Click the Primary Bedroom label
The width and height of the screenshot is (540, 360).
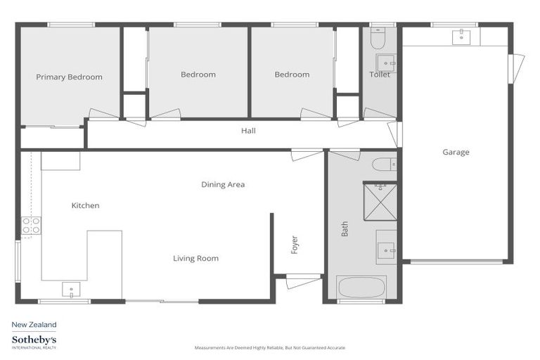69,77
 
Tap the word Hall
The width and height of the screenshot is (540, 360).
248,131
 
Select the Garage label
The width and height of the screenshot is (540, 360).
456,152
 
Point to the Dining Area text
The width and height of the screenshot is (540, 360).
223,185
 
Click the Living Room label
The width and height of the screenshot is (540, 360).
195,259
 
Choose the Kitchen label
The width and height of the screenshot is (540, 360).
85,206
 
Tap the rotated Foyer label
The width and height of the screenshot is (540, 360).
295,244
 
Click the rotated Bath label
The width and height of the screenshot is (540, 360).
345,229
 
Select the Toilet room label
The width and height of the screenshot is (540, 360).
380,75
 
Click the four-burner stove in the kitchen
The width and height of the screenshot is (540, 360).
31,225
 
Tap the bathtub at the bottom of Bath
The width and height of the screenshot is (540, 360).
361,287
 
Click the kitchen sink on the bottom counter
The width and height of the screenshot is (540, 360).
71,288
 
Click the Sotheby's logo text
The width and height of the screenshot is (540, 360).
34,340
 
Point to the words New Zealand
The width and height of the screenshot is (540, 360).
34,325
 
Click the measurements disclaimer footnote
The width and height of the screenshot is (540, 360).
270,348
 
